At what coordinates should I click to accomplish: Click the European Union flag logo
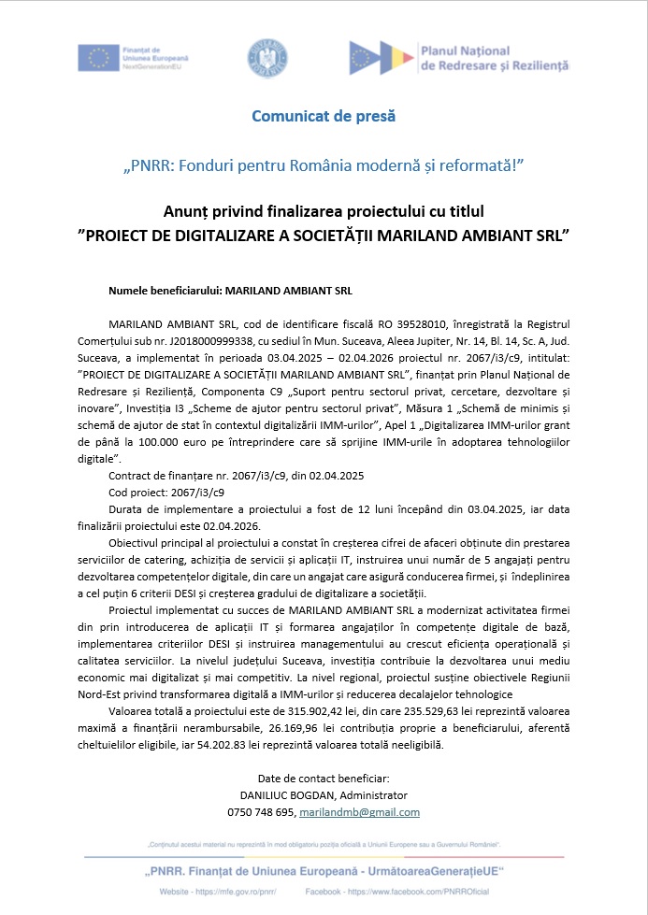(97, 58)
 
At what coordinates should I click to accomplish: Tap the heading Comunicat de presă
(324, 117)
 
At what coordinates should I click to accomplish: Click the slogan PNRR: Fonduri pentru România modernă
(324, 165)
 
